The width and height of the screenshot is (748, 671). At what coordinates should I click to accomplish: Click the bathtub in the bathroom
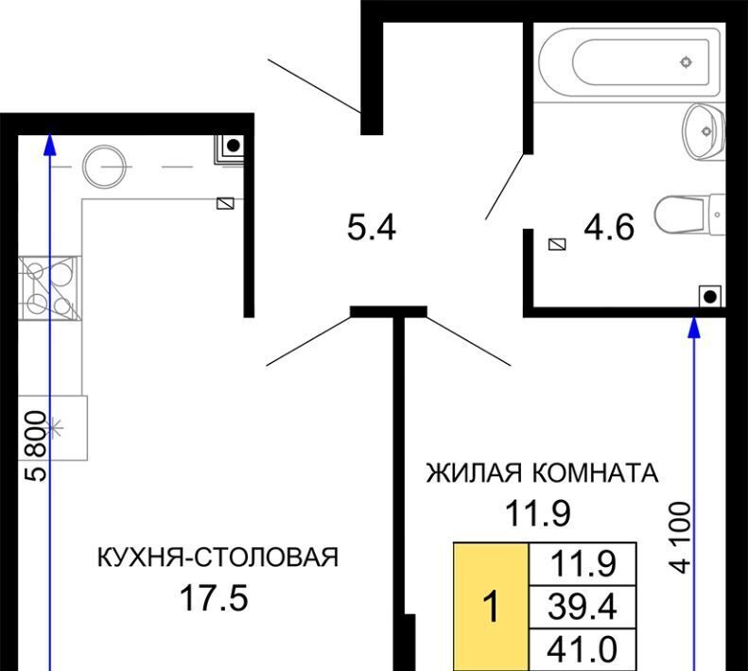[629, 62]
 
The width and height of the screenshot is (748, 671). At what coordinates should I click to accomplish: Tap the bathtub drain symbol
[686, 62]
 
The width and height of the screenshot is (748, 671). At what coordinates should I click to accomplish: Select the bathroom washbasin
[705, 131]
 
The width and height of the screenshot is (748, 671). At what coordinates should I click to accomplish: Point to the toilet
[689, 215]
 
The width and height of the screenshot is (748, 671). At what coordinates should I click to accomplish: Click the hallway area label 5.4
[372, 227]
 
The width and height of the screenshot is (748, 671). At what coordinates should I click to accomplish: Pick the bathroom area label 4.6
[609, 227]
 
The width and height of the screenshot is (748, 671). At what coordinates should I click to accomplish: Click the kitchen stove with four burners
[49, 287]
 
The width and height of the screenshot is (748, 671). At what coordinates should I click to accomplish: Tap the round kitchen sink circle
[104, 166]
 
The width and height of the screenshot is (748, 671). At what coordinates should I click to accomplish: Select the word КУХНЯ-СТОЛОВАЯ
[217, 557]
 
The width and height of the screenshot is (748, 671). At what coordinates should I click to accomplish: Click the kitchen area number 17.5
[214, 598]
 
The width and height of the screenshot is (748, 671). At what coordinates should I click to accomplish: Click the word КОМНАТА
[596, 473]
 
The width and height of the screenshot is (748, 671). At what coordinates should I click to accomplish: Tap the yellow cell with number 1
[491, 606]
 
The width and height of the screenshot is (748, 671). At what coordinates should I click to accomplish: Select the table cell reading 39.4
[583, 607]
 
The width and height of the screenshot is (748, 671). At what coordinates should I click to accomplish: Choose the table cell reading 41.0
[583, 649]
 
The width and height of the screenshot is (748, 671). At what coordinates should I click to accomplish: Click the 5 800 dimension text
[36, 445]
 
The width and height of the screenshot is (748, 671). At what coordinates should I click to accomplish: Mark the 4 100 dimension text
[680, 538]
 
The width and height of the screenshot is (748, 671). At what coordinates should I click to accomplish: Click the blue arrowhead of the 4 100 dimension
[694, 327]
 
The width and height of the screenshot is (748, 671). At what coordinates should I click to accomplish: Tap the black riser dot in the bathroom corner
[710, 297]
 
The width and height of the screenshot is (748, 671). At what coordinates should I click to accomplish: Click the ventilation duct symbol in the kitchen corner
[233, 146]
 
